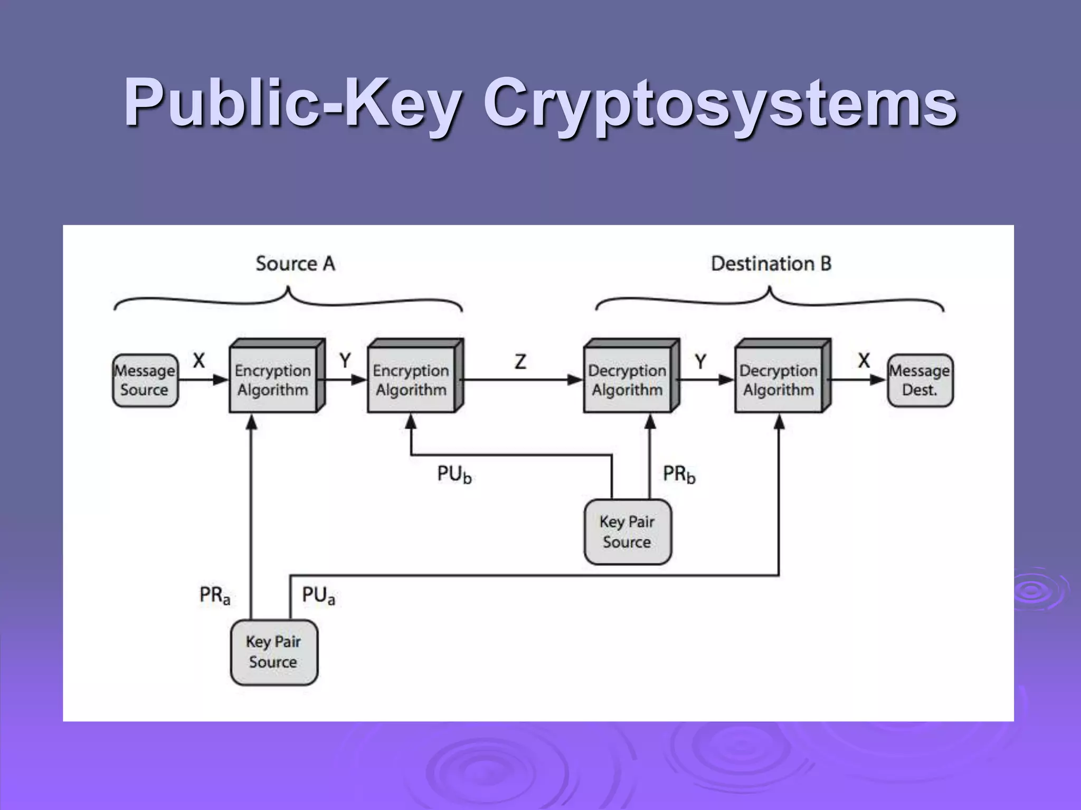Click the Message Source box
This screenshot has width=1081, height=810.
pos(145,380)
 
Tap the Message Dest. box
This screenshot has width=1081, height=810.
pos(919,380)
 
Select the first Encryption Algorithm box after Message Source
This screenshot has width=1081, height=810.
pos(273,380)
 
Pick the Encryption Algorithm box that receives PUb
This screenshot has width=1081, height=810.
pos(411,380)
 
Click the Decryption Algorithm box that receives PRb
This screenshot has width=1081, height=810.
pos(628,380)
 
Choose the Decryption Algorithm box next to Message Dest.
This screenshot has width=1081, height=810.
pos(779,380)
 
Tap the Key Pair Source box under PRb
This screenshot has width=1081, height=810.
pos(627,532)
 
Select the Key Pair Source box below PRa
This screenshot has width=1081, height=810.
pos(273,652)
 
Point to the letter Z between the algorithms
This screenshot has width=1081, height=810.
pos(520,362)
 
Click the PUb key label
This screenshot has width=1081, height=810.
pos(454,474)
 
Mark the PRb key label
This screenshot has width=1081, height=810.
pos(679,474)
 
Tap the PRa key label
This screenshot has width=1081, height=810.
pos(214,595)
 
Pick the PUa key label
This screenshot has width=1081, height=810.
pos(318,595)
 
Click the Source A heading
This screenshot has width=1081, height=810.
pos(295,264)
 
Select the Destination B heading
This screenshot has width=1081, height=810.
pos(771,264)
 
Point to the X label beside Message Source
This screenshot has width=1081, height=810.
pos(198,361)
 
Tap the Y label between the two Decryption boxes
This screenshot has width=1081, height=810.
pos(700,362)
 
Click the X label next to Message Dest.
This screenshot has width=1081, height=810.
pos(864,361)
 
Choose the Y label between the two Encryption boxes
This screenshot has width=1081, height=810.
pos(345,361)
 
